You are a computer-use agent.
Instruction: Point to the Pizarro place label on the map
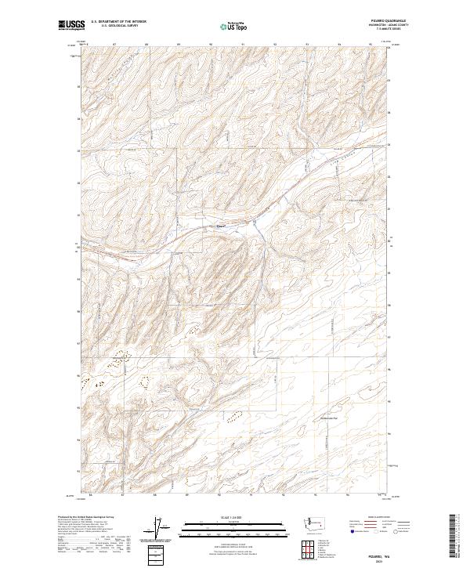(221, 228)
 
